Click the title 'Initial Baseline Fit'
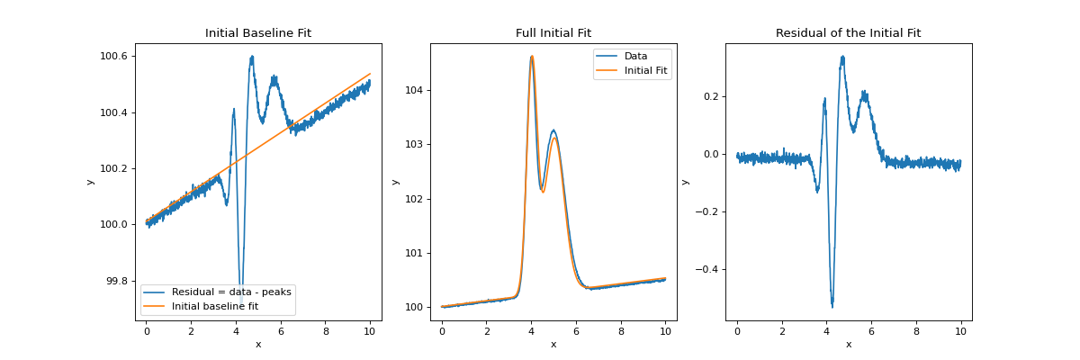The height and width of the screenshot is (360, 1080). pyautogui.click(x=258, y=33)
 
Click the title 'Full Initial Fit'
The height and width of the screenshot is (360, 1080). pyautogui.click(x=553, y=33)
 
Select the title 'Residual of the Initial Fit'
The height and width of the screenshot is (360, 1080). pyautogui.click(x=848, y=33)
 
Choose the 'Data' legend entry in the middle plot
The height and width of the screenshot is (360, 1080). pyautogui.click(x=635, y=56)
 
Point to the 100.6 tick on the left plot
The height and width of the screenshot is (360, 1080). pyautogui.click(x=113, y=57)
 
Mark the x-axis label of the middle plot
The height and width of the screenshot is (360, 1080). pyautogui.click(x=553, y=344)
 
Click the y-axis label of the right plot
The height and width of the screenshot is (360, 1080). pyautogui.click(x=685, y=182)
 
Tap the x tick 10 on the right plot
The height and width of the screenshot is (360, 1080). pyautogui.click(x=960, y=331)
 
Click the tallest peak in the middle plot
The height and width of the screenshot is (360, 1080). pyautogui.click(x=532, y=57)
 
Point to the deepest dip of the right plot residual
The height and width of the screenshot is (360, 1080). pyautogui.click(x=832, y=306)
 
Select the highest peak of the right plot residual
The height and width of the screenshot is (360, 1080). pyautogui.click(x=842, y=57)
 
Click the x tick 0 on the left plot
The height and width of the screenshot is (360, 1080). pyautogui.click(x=147, y=331)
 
